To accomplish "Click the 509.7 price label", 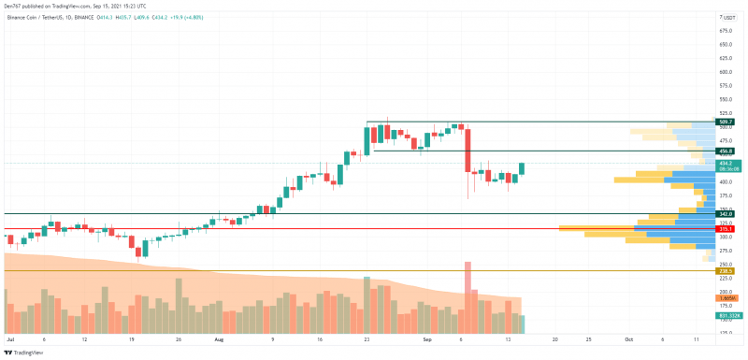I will pos(725,122).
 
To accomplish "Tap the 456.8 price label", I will pos(725,151).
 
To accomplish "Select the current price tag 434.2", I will pos(725,163).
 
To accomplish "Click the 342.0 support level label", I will pos(725,214).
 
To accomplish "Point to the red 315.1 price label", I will pos(725,228).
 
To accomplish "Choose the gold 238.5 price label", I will pos(725,271).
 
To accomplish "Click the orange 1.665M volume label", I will pos(725,297).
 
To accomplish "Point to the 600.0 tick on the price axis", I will pos(725,71).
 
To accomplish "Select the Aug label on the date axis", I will pos(219,340).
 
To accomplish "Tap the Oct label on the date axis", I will pos(628,340).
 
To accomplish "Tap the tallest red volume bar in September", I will pos(467,297).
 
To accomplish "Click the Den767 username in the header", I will pos(15,6).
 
